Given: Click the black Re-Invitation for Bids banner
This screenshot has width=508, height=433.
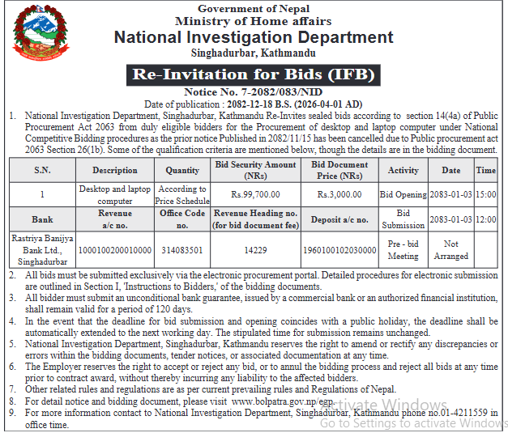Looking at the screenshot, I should (254, 75).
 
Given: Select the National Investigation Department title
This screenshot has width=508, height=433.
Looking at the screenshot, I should (254, 37).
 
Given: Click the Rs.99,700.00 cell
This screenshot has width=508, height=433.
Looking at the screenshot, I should (256, 194).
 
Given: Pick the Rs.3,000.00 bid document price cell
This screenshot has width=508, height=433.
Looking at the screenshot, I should (339, 194).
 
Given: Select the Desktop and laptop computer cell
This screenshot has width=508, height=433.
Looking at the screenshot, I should (114, 194).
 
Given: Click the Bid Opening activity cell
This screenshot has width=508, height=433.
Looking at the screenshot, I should (403, 194).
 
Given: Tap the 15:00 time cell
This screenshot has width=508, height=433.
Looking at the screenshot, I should (485, 194).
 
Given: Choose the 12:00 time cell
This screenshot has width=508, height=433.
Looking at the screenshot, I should (485, 219).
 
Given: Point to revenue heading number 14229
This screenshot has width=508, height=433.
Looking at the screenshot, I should (256, 250).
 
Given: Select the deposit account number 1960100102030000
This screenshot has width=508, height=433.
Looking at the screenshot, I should (339, 250).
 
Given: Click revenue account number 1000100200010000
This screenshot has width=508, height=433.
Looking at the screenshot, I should (114, 250).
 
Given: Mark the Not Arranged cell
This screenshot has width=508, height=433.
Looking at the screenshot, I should (450, 249).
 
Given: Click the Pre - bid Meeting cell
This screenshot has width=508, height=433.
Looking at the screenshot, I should (403, 249).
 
